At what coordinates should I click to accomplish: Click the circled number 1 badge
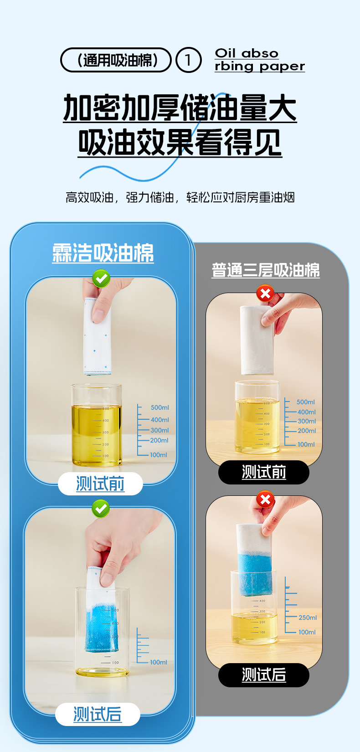[188, 60]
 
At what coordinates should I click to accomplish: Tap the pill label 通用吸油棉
[116, 60]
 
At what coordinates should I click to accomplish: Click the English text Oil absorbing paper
[260, 60]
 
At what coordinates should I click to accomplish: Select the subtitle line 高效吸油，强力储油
[119, 197]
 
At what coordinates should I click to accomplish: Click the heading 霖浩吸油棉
[103, 253]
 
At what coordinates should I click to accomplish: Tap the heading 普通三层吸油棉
[266, 270]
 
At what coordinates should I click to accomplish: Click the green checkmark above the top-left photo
[101, 278]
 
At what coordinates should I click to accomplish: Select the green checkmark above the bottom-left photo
[101, 509]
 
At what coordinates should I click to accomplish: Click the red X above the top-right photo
[265, 294]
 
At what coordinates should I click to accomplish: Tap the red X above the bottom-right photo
[265, 500]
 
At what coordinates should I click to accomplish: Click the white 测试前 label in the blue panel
[100, 484]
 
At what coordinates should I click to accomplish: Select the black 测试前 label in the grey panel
[263, 472]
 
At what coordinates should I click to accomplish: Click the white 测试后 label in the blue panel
[98, 714]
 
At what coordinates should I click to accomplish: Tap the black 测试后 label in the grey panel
[263, 675]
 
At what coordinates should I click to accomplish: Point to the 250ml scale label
[308, 618]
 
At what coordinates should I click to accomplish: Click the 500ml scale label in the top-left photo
[160, 407]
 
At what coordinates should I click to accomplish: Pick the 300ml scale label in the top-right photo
[307, 421]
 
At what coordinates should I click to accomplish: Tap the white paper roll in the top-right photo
[257, 340]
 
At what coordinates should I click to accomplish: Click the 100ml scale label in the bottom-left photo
[159, 662]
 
